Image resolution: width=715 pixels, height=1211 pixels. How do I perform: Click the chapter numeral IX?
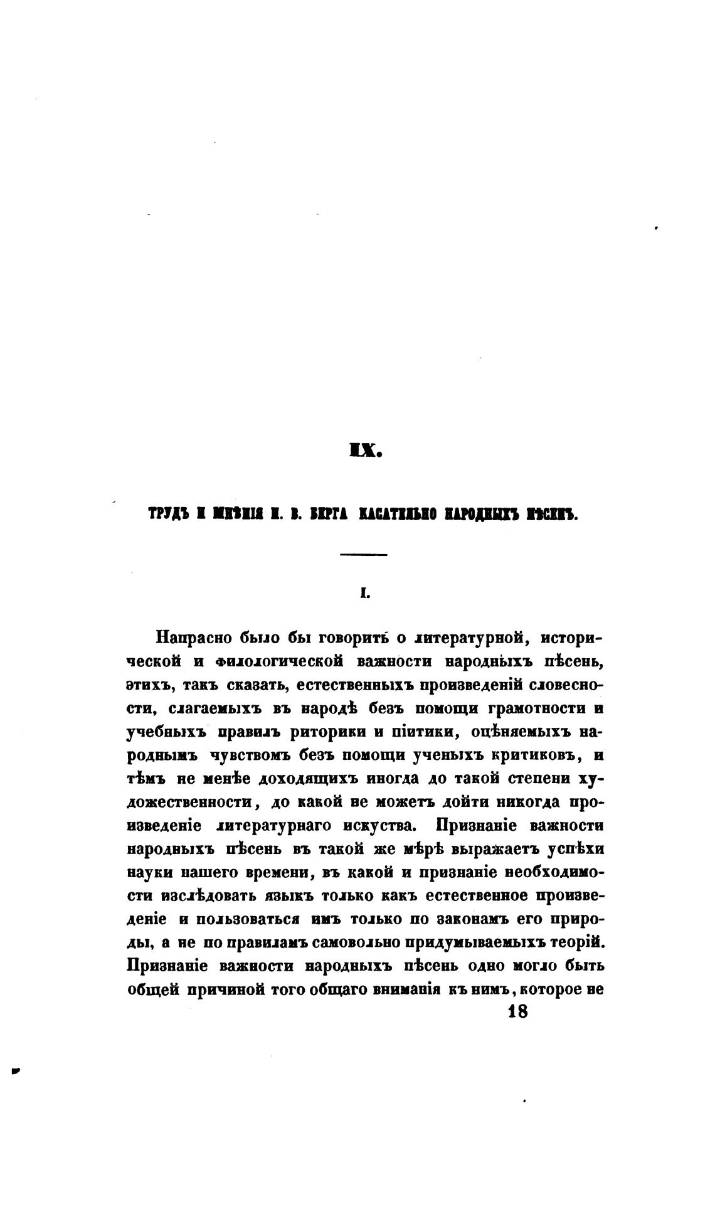tap(364, 451)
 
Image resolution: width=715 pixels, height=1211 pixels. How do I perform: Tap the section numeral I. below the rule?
tap(363, 592)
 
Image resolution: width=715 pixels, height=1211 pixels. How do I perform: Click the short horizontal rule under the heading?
tap(364, 554)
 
